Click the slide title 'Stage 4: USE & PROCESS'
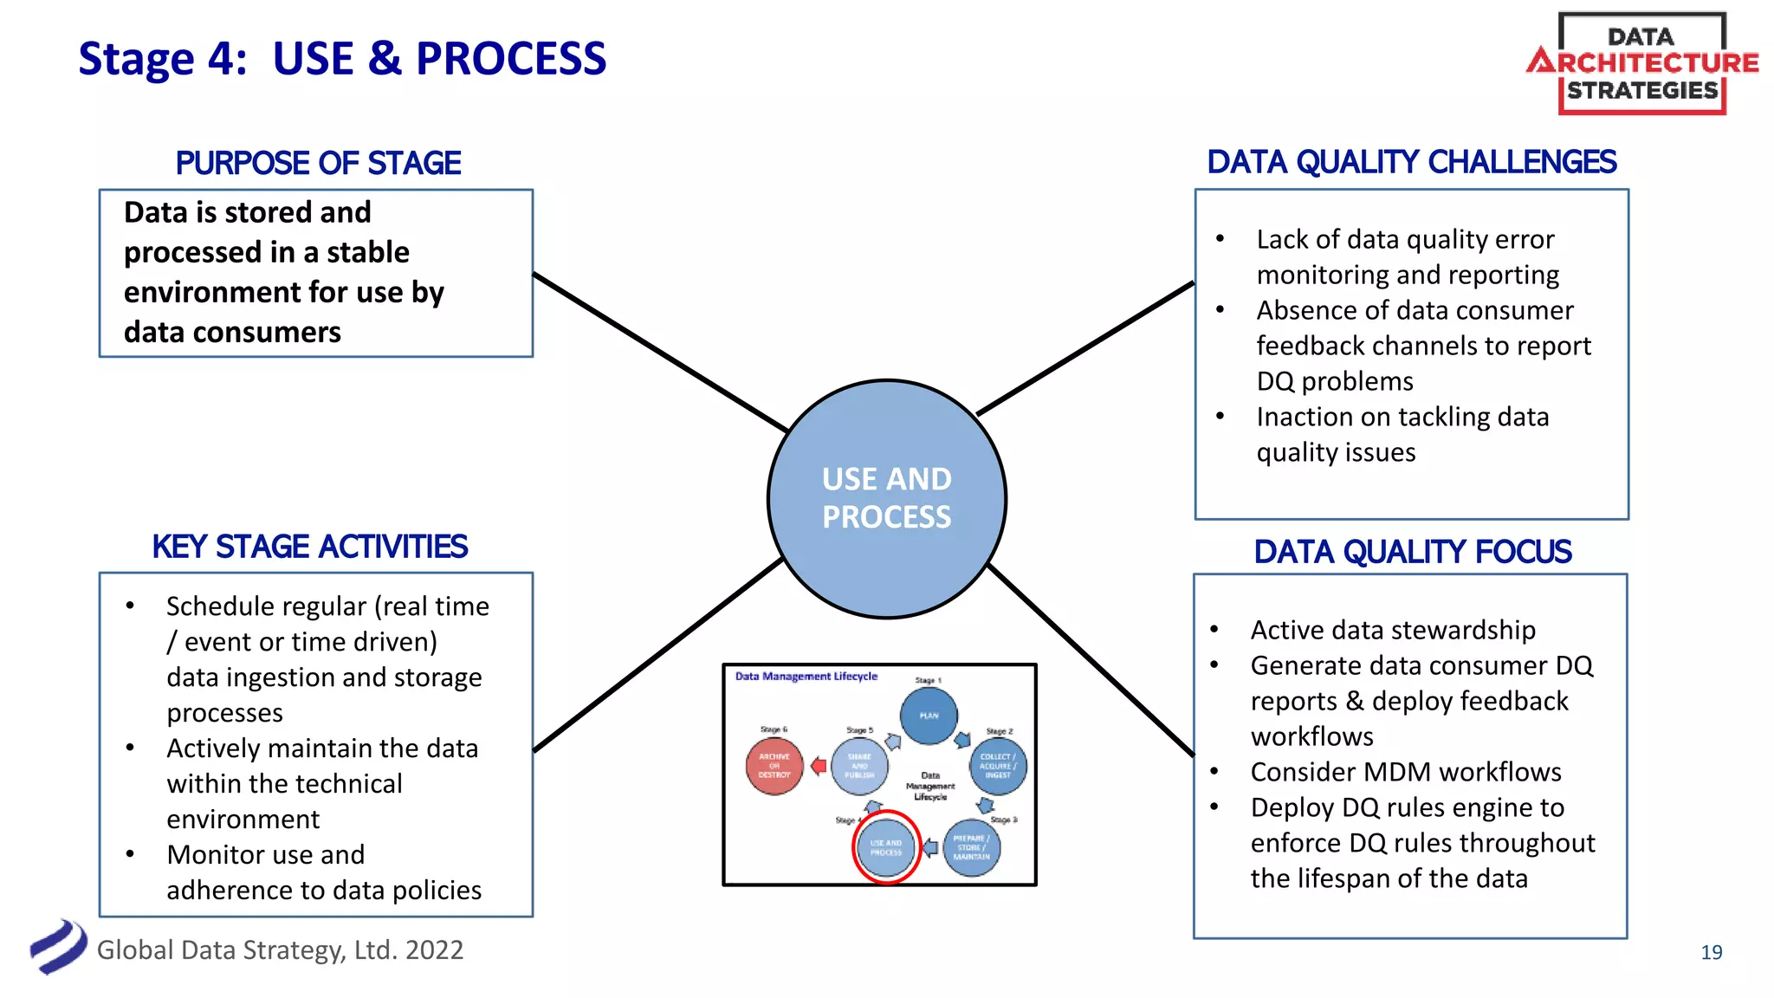[342, 59]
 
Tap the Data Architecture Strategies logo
[1641, 63]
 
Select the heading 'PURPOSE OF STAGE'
[318, 163]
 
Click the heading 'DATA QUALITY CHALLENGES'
[1411, 162]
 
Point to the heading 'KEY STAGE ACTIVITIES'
[309, 547]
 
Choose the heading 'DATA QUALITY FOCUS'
[1412, 552]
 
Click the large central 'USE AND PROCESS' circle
[886, 498]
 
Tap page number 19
[1711, 952]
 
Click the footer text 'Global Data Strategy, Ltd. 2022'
[280, 949]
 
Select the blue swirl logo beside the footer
[58, 947]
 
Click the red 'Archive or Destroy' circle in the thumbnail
[774, 766]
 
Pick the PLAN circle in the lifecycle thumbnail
[929, 716]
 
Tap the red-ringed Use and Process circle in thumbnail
[885, 847]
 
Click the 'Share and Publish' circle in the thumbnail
[859, 766]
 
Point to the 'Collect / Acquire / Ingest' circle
[998, 766]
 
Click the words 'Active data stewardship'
[1392, 630]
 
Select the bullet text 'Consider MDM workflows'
[1405, 772]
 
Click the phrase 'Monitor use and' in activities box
[265, 854]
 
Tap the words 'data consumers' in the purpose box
[232, 332]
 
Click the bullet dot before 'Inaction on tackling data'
[1220, 417]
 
